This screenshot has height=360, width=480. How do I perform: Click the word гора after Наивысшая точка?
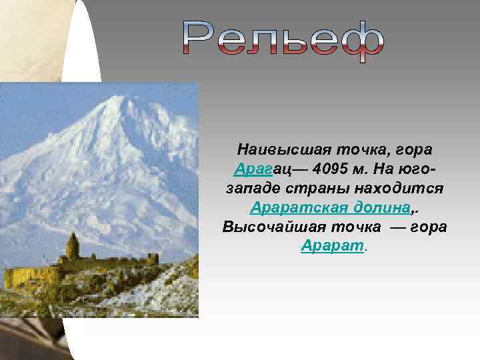point(411,147)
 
